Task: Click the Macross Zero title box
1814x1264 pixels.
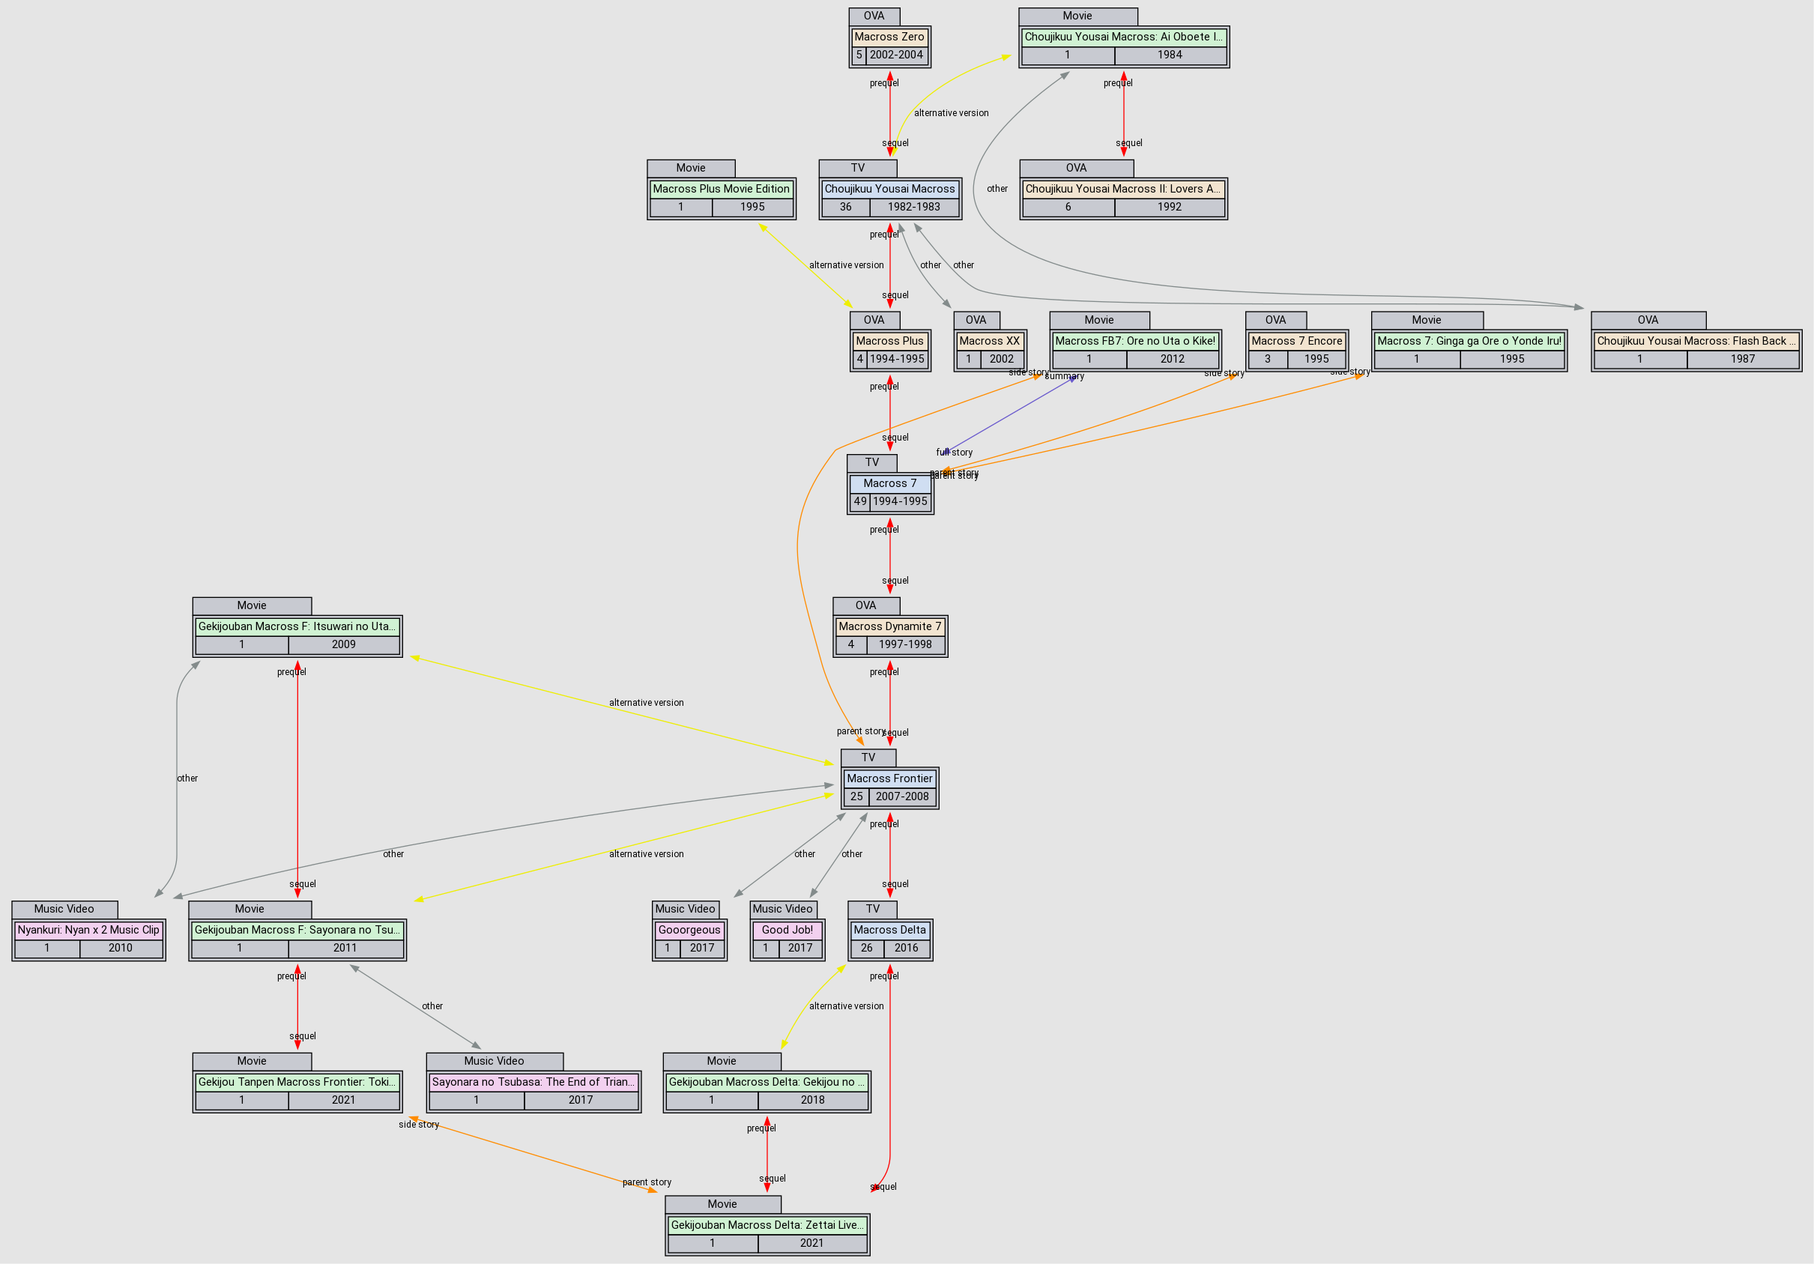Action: [x=889, y=37]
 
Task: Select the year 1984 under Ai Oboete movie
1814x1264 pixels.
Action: [x=1170, y=55]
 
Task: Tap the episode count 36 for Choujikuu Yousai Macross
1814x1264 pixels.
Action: [x=845, y=207]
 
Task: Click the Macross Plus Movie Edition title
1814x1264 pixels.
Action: [x=721, y=189]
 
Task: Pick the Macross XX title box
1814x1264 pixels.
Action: [x=989, y=340]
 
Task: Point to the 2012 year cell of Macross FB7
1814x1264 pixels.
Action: [x=1172, y=359]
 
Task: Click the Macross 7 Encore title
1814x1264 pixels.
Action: [x=1296, y=340]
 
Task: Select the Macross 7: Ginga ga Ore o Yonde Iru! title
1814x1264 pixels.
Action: [x=1469, y=340]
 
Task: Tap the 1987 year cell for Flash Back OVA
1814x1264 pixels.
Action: [x=1742, y=359]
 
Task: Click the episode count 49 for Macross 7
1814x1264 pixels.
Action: [x=859, y=501]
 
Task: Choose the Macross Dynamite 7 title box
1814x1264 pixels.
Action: [x=889, y=626]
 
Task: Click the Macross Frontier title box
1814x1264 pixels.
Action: [x=889, y=778]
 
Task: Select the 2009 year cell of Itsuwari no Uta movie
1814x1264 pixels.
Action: [x=343, y=644]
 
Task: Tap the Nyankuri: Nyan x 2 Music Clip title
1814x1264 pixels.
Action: [x=88, y=930]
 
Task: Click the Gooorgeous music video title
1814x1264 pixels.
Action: [x=689, y=930]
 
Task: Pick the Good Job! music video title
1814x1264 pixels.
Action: [x=787, y=930]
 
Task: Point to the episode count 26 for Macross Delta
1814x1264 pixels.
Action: [x=867, y=948]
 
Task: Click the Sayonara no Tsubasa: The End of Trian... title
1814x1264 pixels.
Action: [x=533, y=1081]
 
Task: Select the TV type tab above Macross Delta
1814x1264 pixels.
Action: [x=872, y=910]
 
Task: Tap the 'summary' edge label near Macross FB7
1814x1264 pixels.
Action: [x=1064, y=376]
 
